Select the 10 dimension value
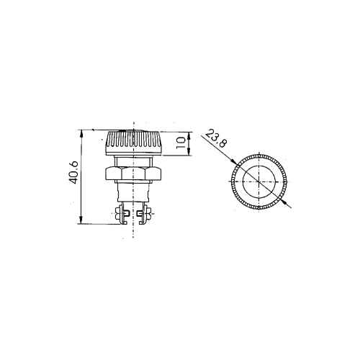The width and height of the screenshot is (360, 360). coord(181,143)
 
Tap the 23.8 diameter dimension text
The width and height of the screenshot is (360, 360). coord(216,138)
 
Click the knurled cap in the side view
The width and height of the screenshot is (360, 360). coord(134,143)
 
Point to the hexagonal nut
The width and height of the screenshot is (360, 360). coord(134,174)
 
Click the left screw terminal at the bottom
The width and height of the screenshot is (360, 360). coord(122,213)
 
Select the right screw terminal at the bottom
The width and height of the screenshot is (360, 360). coord(145,213)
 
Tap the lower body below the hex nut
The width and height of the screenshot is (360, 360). coord(134,192)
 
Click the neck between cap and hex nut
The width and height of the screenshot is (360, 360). coord(134,161)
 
